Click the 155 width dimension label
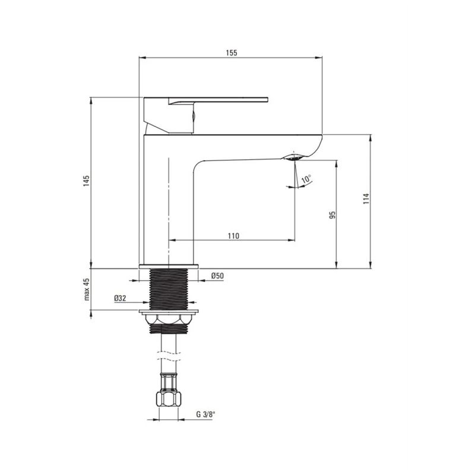[232, 53]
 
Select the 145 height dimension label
[87, 180]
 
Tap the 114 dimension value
[366, 198]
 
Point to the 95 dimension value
[332, 215]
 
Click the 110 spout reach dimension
[233, 236]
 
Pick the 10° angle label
[306, 179]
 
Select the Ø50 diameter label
[217, 275]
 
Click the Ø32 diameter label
[120, 298]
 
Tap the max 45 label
[87, 289]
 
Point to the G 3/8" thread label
[205, 414]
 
